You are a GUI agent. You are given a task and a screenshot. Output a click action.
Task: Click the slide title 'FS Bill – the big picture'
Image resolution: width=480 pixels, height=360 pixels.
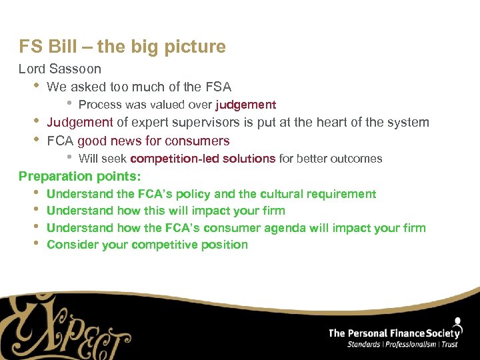[x=122, y=47]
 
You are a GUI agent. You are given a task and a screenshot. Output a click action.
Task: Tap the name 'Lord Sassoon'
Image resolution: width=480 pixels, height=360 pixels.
[x=60, y=69]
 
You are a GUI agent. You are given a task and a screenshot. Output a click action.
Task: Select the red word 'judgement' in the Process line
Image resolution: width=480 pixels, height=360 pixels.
[x=245, y=105]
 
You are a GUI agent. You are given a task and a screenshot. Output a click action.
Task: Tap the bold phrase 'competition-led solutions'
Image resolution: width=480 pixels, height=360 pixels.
[x=203, y=159]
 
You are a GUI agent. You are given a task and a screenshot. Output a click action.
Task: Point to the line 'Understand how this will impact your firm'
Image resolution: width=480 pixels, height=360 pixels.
[x=166, y=211]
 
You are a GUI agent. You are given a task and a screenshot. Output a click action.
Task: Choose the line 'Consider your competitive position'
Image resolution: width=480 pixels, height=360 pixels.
[x=147, y=245]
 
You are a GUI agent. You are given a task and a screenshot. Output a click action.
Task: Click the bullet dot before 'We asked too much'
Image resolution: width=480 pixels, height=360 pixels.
[x=36, y=86]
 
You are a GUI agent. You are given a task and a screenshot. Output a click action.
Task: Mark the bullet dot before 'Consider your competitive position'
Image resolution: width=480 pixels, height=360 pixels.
[x=36, y=244]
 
